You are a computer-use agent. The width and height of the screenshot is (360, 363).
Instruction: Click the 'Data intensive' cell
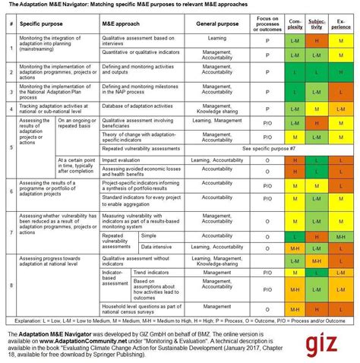pyautogui.click(x=158, y=248)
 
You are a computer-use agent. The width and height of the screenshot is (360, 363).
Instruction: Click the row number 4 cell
pyautogui.click(x=10, y=109)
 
